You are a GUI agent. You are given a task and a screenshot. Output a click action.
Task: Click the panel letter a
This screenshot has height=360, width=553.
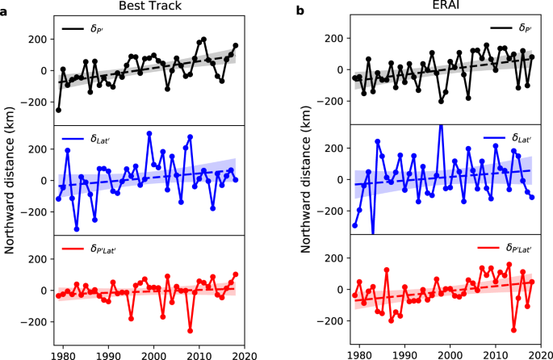tap(5, 11)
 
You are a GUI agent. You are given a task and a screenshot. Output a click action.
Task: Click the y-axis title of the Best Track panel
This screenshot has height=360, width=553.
tap(13, 179)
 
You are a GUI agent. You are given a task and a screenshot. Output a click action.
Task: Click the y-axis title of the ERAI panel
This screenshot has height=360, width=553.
tap(310, 179)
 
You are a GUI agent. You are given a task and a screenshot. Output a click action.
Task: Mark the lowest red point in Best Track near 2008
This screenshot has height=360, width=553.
tap(191, 330)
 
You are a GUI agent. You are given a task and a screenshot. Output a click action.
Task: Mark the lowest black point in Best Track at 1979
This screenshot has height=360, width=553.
tap(58, 110)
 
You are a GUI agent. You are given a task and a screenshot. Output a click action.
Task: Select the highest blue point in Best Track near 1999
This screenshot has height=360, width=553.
tap(149, 134)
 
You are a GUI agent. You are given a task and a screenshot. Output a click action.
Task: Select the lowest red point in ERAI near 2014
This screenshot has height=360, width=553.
tap(513, 329)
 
